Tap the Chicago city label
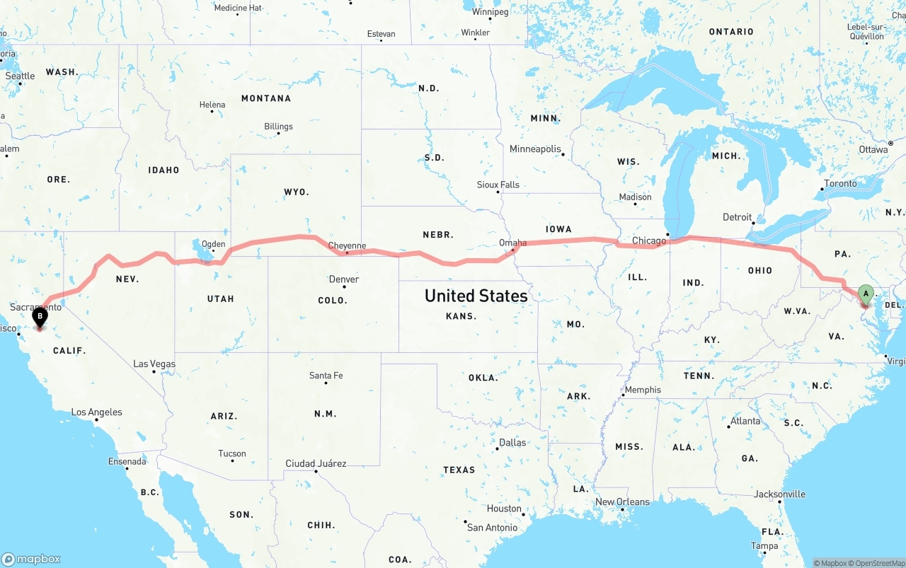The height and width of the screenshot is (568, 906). [649, 240]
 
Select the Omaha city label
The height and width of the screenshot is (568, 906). [512, 243]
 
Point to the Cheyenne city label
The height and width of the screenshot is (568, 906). [348, 246]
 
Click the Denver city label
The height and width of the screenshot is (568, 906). [344, 279]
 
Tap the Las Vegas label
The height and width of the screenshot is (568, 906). [154, 364]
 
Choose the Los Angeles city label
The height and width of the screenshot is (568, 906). [96, 412]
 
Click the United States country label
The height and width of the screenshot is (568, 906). [476, 296]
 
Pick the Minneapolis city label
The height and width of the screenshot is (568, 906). [535, 149]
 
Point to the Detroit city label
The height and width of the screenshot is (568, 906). [737, 217]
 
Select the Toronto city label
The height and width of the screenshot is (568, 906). [840, 184]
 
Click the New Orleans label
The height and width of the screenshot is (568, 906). [622, 502]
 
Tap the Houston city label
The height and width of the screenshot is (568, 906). [504, 509]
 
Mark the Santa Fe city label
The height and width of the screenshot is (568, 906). [326, 376]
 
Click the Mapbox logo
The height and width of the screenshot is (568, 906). [31, 559]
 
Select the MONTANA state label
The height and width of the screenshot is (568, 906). [266, 98]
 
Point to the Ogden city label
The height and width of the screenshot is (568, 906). [213, 244]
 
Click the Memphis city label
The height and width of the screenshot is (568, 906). [643, 390]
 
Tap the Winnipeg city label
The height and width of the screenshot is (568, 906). [490, 12]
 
